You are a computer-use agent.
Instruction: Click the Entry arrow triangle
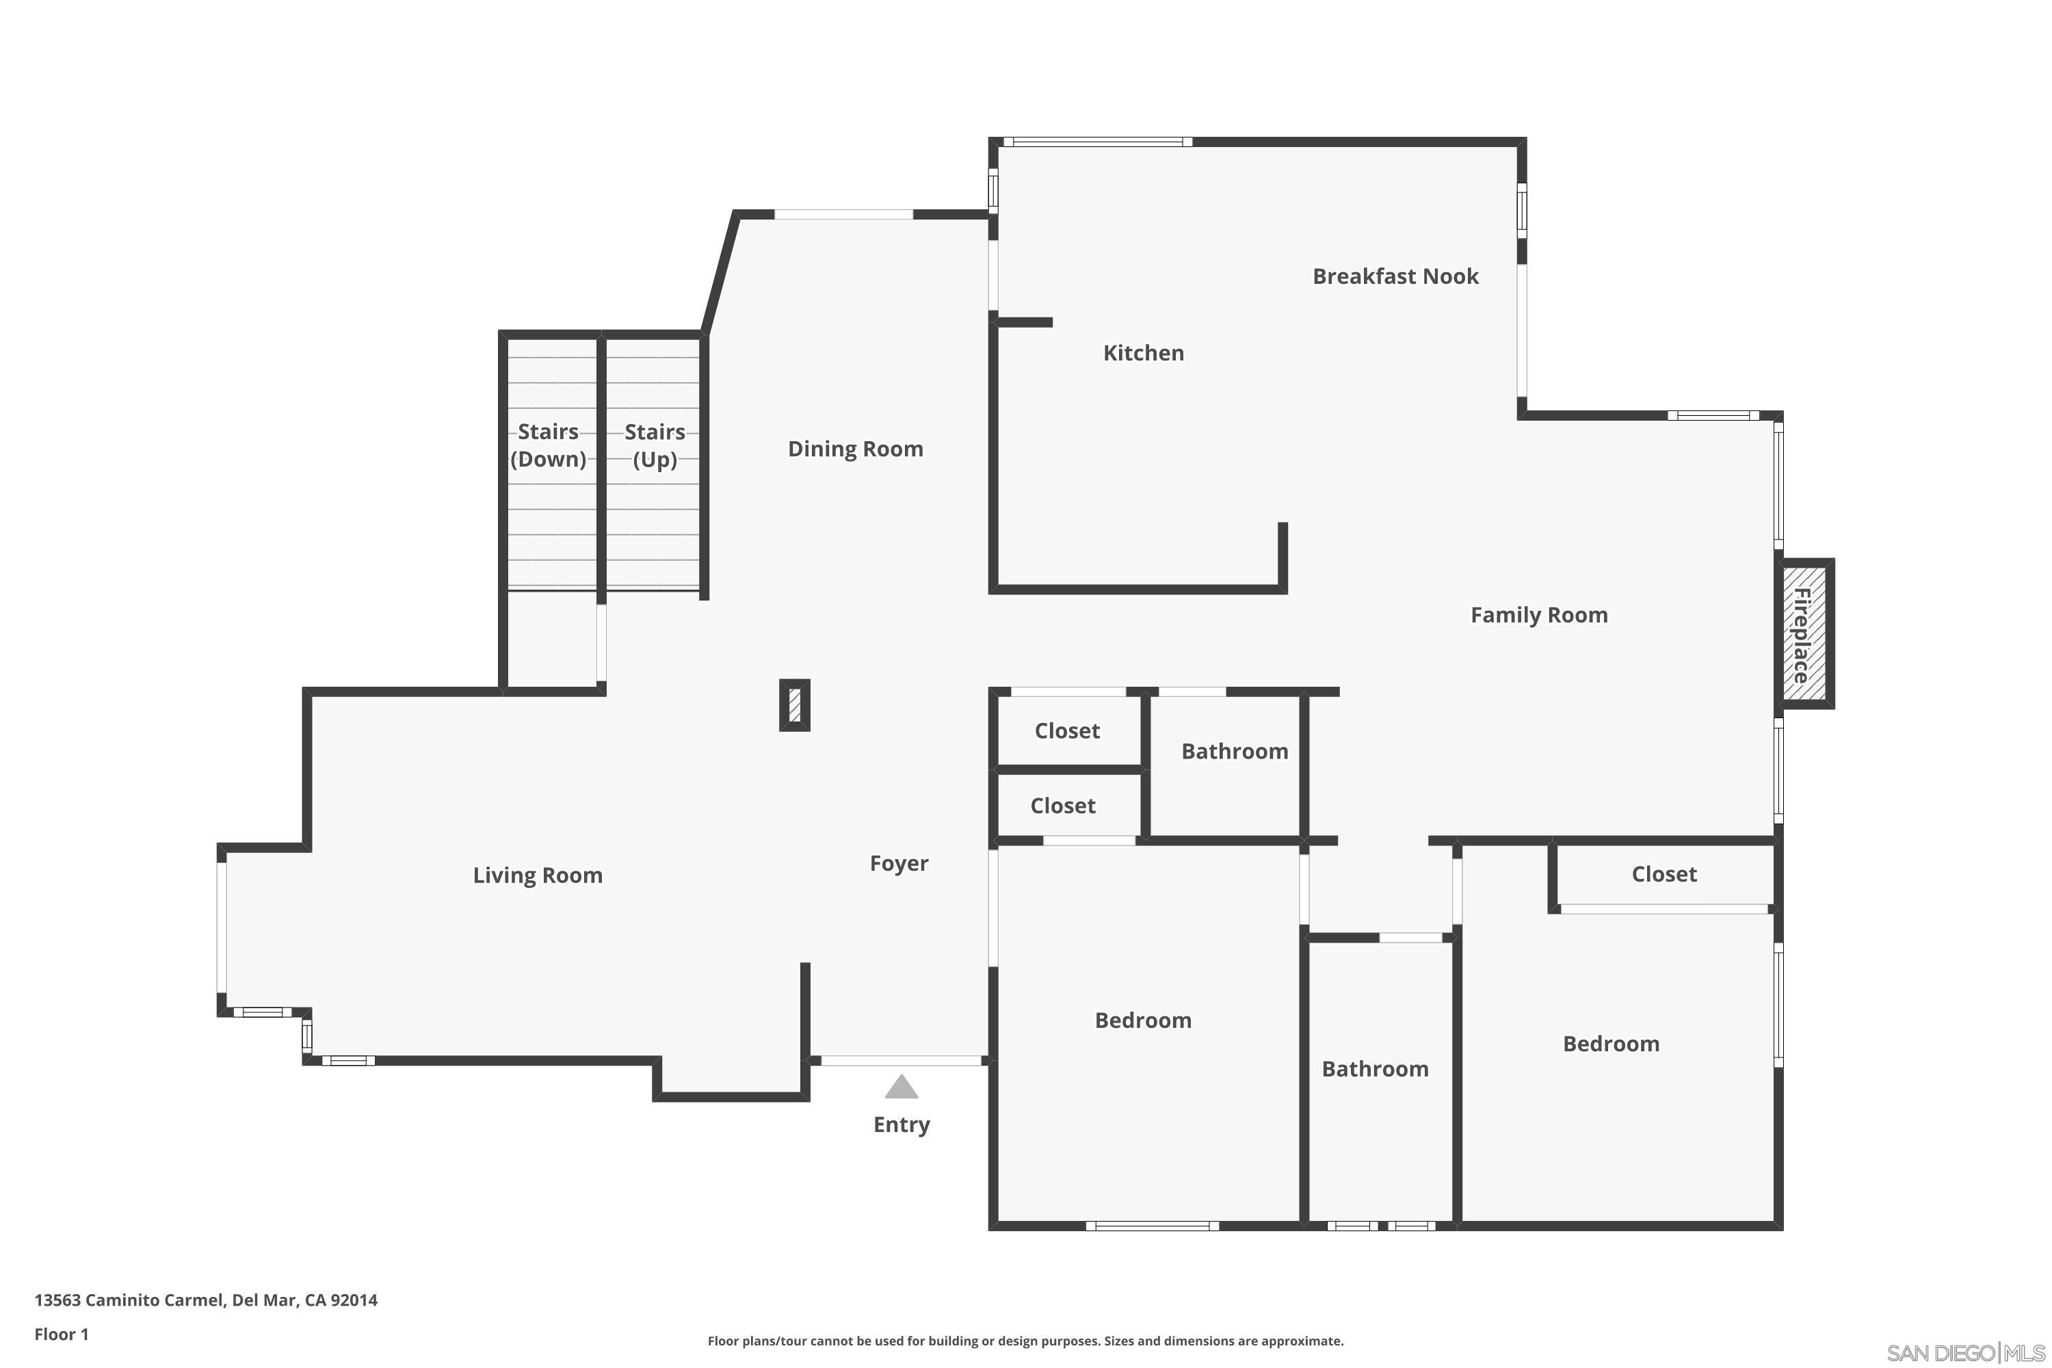(902, 1087)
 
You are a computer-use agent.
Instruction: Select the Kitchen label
(1143, 354)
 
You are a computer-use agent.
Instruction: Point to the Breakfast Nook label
(1395, 276)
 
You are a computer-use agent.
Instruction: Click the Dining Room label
(855, 449)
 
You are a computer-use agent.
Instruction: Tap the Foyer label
(899, 864)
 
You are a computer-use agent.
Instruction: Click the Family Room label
(1539, 615)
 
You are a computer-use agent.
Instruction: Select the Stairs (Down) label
(548, 445)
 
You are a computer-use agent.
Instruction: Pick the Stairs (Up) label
(655, 445)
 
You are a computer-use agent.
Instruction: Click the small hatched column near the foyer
(795, 705)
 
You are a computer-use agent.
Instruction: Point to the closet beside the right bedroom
(1663, 875)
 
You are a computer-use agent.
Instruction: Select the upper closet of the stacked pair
(1068, 731)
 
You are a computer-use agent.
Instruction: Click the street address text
(206, 1301)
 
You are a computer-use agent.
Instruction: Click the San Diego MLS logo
(1966, 1353)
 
